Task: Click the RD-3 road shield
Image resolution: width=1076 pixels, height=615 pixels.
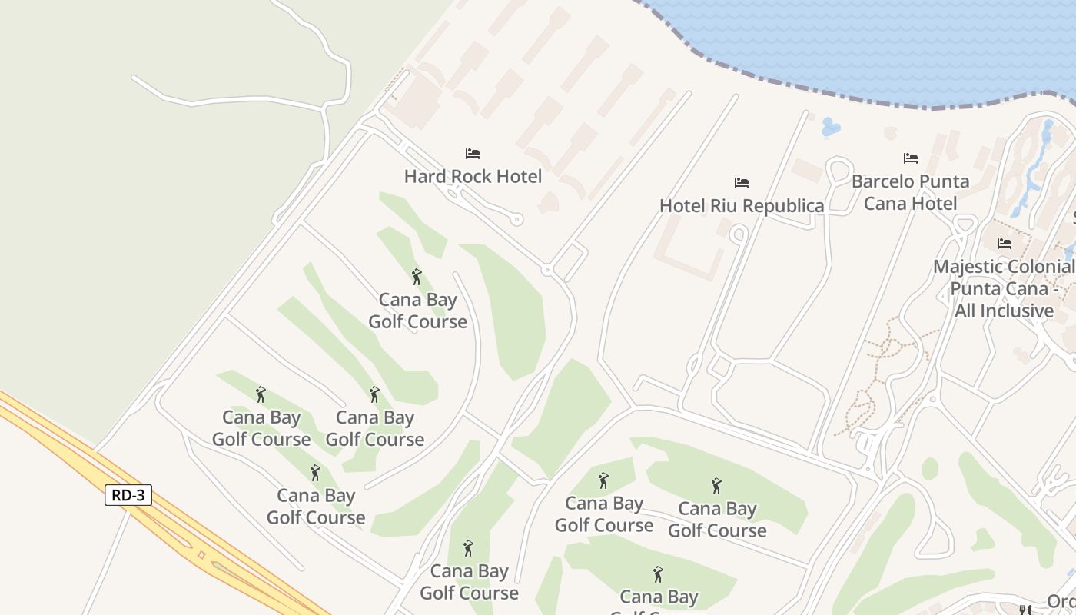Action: (x=128, y=495)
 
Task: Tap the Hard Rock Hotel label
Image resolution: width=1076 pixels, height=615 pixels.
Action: (x=473, y=176)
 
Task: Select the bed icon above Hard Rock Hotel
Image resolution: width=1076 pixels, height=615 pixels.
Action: (x=473, y=154)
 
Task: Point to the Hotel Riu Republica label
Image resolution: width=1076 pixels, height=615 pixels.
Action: (x=742, y=205)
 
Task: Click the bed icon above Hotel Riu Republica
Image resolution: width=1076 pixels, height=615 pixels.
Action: (x=742, y=183)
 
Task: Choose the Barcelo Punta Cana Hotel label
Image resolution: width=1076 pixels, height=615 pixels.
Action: (x=911, y=192)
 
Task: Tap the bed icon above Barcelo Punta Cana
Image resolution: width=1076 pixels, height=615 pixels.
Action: (x=911, y=158)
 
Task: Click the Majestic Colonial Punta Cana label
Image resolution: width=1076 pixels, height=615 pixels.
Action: (x=1004, y=288)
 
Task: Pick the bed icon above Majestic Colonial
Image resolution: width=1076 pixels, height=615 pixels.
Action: (x=1005, y=244)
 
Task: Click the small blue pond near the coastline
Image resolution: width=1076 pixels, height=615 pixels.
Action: (x=830, y=127)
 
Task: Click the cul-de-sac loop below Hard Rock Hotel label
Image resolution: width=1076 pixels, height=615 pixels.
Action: (x=517, y=220)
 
